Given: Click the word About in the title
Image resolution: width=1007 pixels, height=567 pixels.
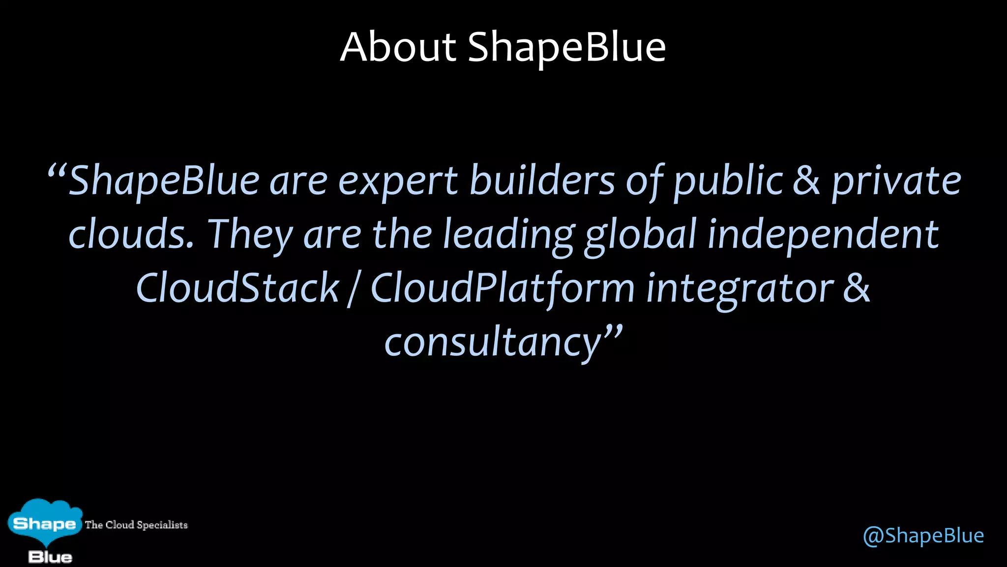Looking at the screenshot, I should click(x=398, y=47).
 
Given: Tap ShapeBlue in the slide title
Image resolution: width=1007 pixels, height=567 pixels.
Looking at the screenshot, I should click(x=566, y=47).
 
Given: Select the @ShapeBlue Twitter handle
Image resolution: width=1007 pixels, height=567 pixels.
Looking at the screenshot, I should click(x=923, y=535).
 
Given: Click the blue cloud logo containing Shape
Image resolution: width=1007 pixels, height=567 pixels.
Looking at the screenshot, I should click(x=44, y=523).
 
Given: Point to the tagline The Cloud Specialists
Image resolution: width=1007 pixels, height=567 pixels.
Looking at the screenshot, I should click(x=136, y=525).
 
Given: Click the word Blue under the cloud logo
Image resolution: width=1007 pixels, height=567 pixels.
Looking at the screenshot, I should click(x=50, y=557).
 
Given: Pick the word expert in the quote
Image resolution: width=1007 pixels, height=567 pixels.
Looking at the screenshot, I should click(x=398, y=181).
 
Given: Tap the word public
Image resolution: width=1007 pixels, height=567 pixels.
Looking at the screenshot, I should click(x=728, y=181).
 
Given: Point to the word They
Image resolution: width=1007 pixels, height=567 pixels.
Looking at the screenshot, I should click(x=250, y=234).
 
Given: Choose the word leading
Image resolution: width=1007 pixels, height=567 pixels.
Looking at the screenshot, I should click(x=508, y=235).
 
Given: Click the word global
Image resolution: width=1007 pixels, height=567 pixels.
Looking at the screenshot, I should click(x=640, y=235).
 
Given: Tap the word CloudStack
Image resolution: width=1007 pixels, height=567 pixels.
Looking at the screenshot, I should click(x=237, y=288).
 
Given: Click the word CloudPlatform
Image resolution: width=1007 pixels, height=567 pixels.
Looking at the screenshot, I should click(x=502, y=288).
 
